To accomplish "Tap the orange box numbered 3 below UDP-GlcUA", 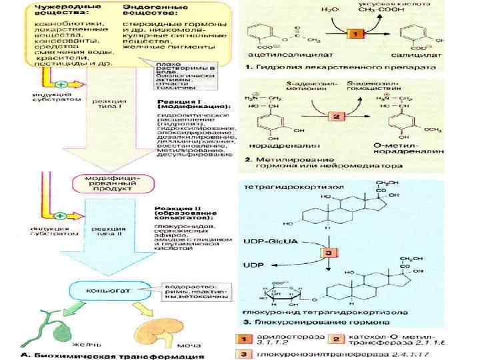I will pos(329,253).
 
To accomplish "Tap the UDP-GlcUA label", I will pos(265,238).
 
